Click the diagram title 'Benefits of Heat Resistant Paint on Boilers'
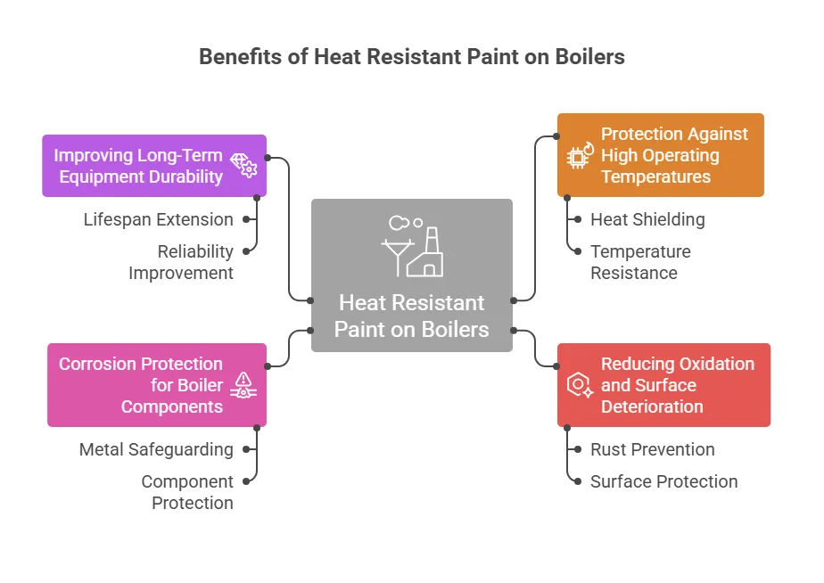point(412,57)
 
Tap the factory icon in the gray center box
point(413,245)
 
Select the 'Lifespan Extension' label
point(158,219)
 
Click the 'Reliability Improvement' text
point(181,262)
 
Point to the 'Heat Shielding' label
point(647,219)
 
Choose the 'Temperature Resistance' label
point(640,262)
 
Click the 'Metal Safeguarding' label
point(156,449)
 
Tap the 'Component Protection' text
point(187,492)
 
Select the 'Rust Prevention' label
point(652,449)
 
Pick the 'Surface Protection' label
point(663,481)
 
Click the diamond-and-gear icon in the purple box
point(243,166)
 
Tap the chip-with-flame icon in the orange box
point(581,155)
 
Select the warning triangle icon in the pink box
point(243,385)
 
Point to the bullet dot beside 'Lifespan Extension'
point(246,219)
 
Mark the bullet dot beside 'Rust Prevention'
point(578,449)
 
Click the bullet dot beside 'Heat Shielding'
point(578,219)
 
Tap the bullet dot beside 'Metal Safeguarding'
point(246,449)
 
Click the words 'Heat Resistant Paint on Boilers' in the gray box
point(411,316)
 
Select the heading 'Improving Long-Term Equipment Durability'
point(138,166)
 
